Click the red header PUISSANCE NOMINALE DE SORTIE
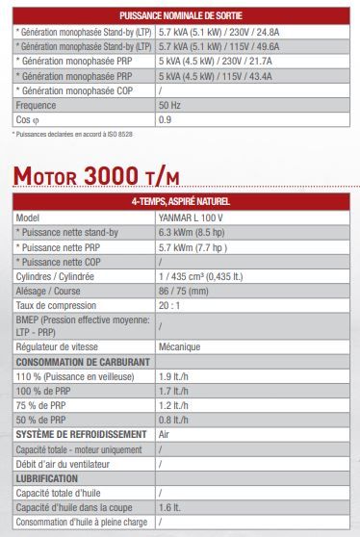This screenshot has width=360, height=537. click(x=180, y=16)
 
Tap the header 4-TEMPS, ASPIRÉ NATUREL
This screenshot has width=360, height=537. click(x=180, y=201)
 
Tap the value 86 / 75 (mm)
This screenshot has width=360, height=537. click(x=186, y=290)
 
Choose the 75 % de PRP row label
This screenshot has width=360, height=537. click(x=43, y=405)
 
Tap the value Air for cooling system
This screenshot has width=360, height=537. click(x=167, y=434)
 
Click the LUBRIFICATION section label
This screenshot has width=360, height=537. click(x=49, y=477)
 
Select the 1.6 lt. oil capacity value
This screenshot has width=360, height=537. click(x=170, y=506)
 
